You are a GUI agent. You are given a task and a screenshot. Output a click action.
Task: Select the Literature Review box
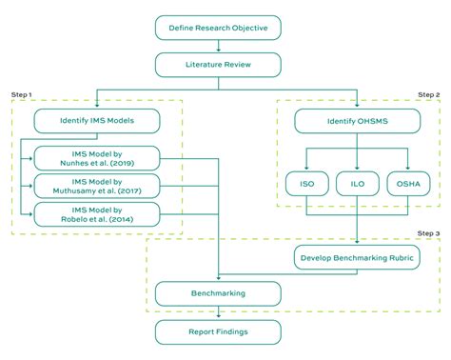point(219,65)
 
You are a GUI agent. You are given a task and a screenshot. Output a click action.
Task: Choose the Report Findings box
point(219,332)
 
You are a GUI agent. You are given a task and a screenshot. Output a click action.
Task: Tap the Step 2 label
point(427,95)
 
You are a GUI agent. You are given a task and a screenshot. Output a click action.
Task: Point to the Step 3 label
point(427,232)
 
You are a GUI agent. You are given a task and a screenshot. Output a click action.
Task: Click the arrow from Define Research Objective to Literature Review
point(219,45)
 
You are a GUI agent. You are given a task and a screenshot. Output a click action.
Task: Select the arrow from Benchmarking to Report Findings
point(219,313)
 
